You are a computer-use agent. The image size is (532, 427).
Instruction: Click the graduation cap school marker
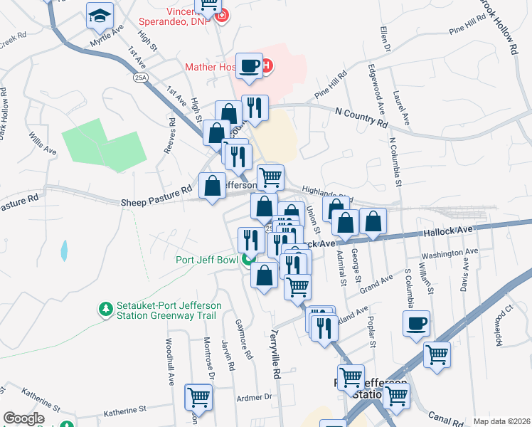[x=100, y=16]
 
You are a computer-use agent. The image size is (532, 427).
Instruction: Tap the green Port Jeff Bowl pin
[x=248, y=260]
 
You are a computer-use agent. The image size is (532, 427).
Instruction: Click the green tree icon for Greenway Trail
[x=106, y=309]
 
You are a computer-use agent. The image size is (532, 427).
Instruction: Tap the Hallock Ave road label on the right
[x=447, y=231]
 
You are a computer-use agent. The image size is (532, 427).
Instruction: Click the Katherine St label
[x=124, y=410]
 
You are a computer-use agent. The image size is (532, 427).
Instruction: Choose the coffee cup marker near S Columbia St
[x=416, y=323]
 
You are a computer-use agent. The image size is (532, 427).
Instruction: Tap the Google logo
[x=23, y=418]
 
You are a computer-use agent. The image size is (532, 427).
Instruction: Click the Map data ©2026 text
[x=501, y=421]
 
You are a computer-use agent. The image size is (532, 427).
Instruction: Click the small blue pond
[x=65, y=250]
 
